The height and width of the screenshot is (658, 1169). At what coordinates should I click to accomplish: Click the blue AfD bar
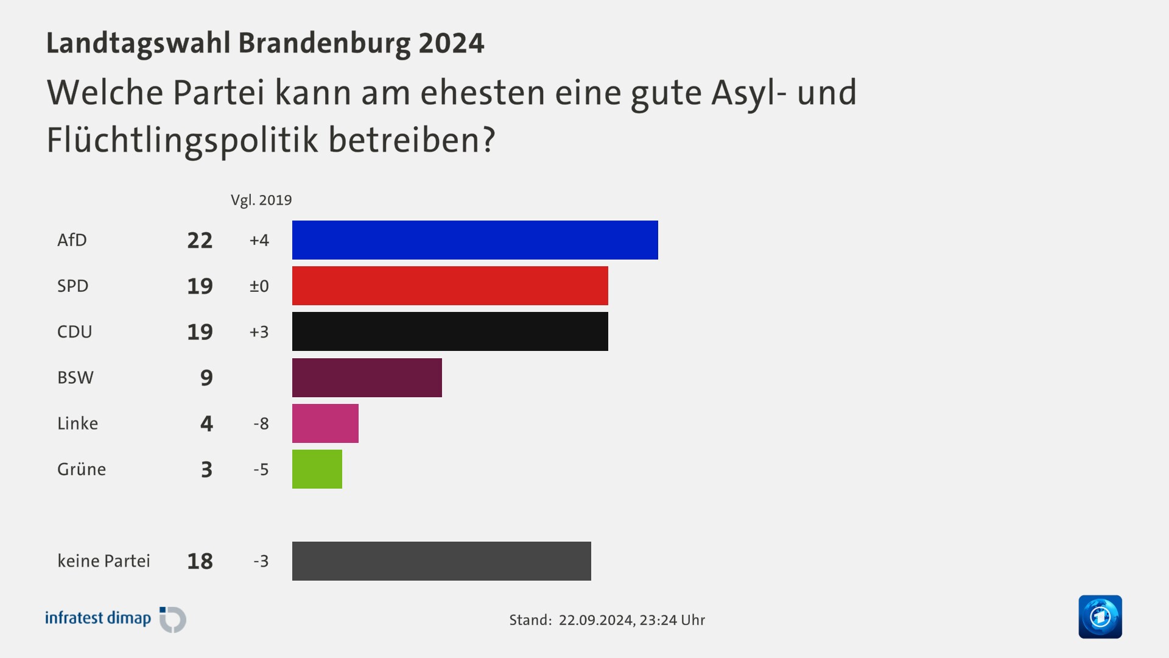click(x=475, y=240)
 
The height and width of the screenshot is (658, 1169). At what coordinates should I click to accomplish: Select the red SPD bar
click(x=450, y=286)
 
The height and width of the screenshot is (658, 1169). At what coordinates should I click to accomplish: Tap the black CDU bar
click(x=450, y=331)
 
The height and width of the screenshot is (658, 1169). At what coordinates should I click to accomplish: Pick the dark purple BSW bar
click(x=367, y=378)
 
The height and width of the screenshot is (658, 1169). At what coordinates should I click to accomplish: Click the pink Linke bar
click(x=325, y=423)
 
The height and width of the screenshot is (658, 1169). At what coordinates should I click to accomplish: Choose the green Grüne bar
click(x=317, y=469)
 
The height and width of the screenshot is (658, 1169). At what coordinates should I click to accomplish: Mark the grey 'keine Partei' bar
click(x=441, y=561)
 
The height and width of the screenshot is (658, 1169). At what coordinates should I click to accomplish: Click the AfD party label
click(x=72, y=240)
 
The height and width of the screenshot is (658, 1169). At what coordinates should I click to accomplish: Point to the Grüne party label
click(x=82, y=469)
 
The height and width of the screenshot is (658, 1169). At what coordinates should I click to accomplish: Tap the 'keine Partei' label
click(x=104, y=561)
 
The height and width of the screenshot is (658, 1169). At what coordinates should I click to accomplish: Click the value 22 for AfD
click(x=200, y=240)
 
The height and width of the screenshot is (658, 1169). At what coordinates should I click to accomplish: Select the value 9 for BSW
click(x=206, y=378)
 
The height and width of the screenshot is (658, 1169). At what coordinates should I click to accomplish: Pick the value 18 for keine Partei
click(x=200, y=561)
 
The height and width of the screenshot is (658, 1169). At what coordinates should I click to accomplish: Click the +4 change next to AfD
click(x=259, y=240)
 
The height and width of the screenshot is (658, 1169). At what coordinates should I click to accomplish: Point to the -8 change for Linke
click(x=261, y=423)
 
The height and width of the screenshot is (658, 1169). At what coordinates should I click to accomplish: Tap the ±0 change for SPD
click(x=259, y=286)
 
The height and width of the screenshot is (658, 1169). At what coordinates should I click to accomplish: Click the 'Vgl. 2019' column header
click(x=261, y=200)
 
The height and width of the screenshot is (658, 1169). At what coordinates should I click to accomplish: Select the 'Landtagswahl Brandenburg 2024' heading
click(x=265, y=43)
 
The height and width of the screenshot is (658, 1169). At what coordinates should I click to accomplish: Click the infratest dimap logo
click(x=116, y=619)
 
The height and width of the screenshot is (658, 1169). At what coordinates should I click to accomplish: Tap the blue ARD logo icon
click(x=1100, y=617)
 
